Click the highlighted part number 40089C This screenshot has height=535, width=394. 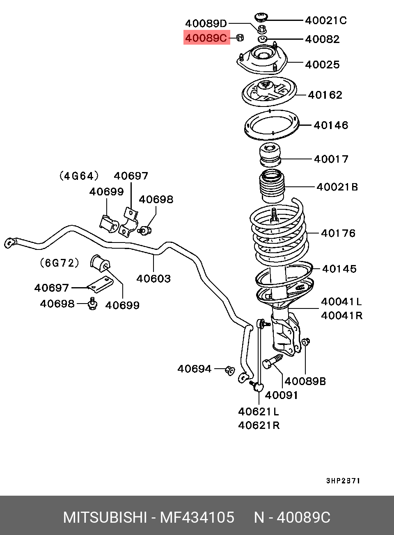pos(206,38)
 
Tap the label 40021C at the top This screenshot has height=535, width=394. pos(325,20)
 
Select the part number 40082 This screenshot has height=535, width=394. pos(322,39)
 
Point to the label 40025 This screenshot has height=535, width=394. pos(322,64)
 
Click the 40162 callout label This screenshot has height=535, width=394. pos(325,95)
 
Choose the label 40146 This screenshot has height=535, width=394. pos(330,125)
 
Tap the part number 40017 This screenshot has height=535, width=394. pos(331,159)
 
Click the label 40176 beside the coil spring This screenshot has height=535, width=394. pos(338,233)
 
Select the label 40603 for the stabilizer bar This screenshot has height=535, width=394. pos(153,279)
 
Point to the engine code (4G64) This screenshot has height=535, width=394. pos(79,176)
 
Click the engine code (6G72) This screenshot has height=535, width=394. pos(60,263)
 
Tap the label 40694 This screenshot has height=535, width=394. pos(194,369)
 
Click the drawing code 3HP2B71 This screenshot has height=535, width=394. pos(343,481)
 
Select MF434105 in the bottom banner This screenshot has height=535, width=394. pos(197,517)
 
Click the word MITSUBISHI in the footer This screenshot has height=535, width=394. pos(105,517)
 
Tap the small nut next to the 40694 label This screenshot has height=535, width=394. pos(230,370)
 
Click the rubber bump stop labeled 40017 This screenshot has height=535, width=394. pos(270,154)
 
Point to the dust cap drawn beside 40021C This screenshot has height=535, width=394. pos(261,17)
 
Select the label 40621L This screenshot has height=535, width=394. pos(258,411)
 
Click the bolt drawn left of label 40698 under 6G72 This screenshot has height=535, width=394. pos(93,304)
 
